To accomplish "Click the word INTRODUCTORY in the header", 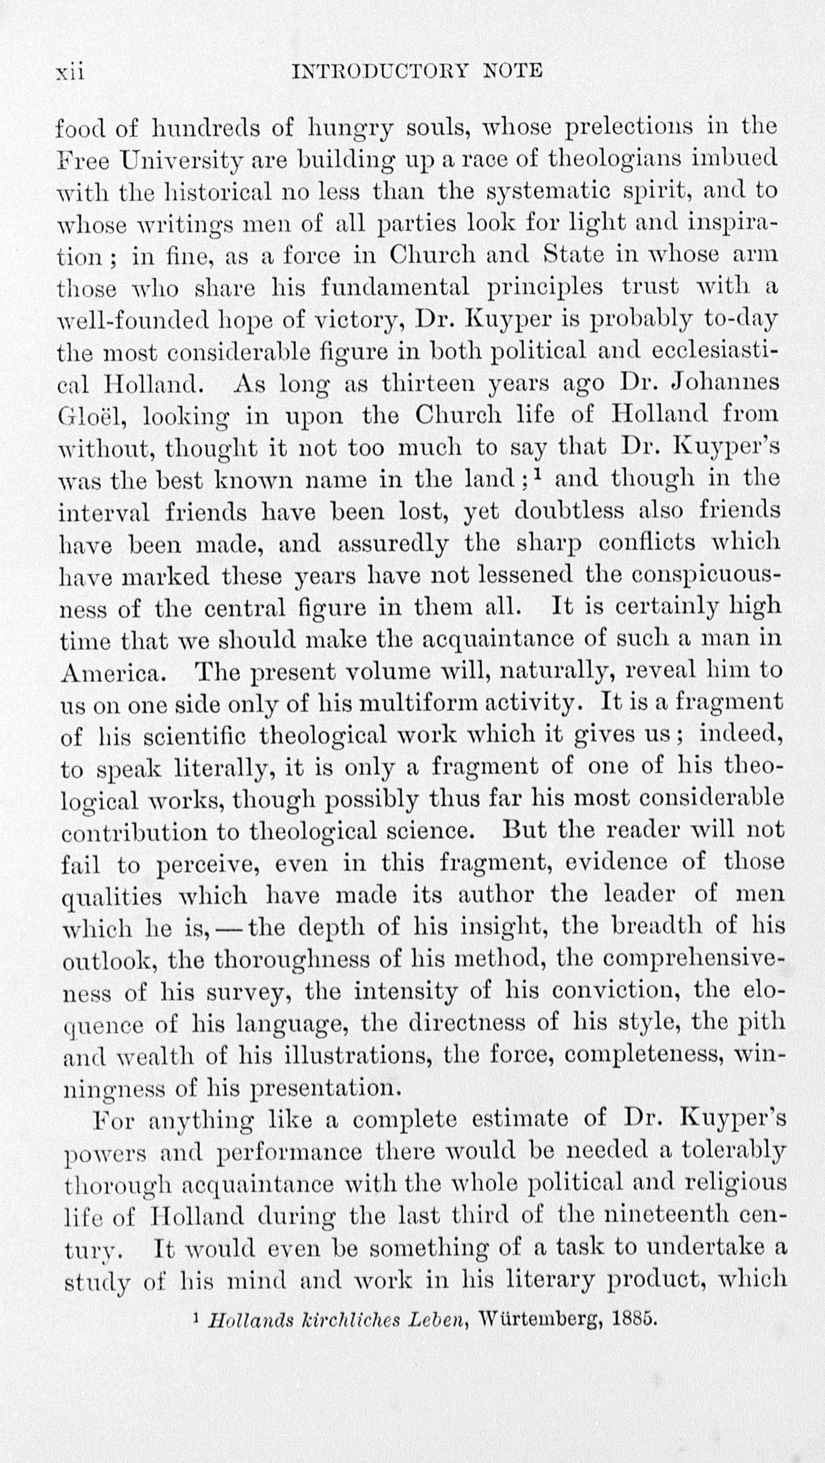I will coord(379,71).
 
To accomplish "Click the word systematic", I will coord(548,192).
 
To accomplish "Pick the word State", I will coord(573,254).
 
